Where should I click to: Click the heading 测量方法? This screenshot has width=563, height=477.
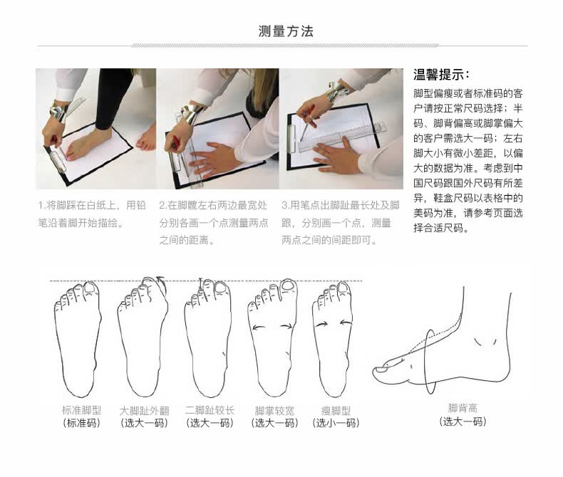point(286,31)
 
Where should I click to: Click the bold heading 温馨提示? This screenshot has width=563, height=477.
point(440,75)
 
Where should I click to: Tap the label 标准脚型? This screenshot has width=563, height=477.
point(81,410)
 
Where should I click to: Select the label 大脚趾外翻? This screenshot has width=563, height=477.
point(144,410)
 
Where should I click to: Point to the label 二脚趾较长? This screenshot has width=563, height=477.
point(210,410)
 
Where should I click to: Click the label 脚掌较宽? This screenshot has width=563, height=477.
point(274,410)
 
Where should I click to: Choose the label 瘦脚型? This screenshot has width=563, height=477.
point(336,410)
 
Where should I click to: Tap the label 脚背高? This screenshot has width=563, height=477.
point(463,408)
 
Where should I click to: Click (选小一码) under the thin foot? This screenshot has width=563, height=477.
point(336,423)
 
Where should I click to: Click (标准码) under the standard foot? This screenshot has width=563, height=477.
point(81,423)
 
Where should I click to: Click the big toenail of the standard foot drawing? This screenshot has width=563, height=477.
point(90,288)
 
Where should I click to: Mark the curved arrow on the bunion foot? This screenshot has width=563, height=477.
point(161,284)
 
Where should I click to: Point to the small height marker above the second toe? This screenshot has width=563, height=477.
point(201,283)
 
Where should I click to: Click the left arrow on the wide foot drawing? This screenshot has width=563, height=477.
point(259,327)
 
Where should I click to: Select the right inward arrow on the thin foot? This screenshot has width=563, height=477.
point(346,323)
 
